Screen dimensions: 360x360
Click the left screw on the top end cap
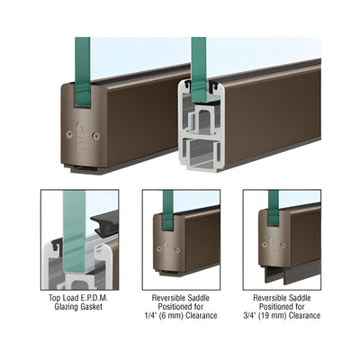click(69, 134)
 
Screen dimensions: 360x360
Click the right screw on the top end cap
click(96, 136)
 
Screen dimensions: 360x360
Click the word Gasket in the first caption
click(91, 307)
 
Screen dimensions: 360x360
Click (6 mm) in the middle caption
click(173, 316)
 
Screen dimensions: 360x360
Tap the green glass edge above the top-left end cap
click(83, 72)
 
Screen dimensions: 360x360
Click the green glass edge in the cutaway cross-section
click(199, 69)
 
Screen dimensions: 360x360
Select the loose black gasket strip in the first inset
click(104, 222)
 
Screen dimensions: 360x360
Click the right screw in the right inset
click(283, 246)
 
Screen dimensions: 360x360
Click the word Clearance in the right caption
click(305, 316)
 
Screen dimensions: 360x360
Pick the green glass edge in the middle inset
click(168, 210)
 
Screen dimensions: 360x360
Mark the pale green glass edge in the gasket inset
click(75, 231)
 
